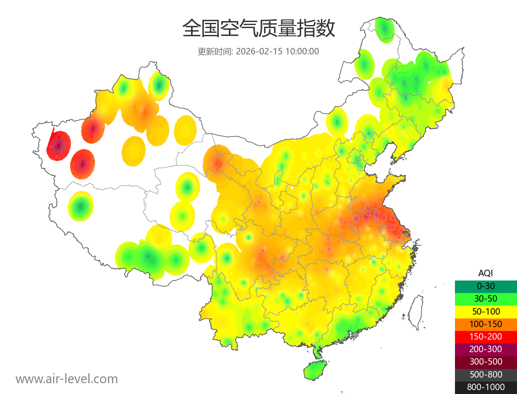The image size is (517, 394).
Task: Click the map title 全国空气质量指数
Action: [258, 29]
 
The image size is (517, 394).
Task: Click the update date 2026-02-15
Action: [259, 51]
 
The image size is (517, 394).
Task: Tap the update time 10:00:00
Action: [302, 51]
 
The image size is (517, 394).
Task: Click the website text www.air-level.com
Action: [67, 379]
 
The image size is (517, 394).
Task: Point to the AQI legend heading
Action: [486, 273]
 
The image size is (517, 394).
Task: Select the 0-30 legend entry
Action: [486, 286]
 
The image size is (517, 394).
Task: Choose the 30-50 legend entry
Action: [486, 299]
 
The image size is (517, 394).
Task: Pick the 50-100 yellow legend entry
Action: [486, 311]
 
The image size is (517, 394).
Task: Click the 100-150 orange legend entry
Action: [486, 324]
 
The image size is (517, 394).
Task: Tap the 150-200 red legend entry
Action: [486, 337]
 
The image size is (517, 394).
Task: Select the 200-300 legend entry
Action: [486, 349]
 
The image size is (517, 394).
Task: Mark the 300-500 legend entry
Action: [486, 362]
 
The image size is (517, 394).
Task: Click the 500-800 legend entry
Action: [486, 375]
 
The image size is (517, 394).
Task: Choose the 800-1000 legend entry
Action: [486, 387]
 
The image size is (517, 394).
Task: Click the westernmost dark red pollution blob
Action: [59, 145]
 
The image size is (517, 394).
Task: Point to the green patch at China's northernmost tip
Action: [384, 29]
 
